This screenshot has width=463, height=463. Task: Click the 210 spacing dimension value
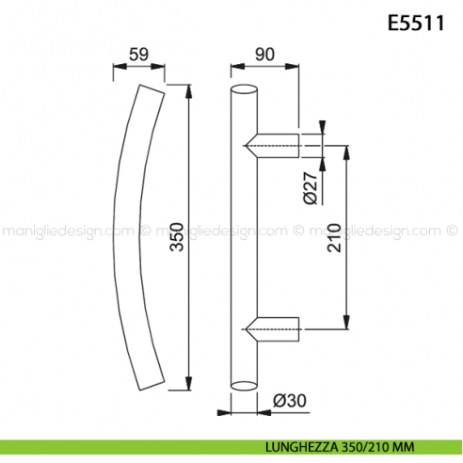[x=359, y=235]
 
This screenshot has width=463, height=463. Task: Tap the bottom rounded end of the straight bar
[x=243, y=383]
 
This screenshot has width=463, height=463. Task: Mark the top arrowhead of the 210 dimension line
[x=348, y=151]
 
